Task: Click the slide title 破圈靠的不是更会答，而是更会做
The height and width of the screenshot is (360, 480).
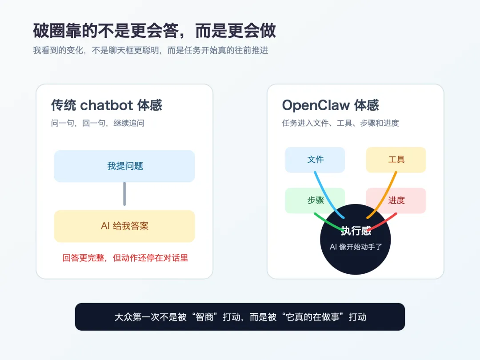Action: coord(154,31)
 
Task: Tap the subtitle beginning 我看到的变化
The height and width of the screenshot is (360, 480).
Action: coord(151,50)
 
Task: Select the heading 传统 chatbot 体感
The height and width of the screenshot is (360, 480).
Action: coord(106,105)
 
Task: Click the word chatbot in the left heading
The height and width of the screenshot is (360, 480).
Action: coord(106,105)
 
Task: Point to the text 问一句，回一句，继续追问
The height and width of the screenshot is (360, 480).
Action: coord(98,123)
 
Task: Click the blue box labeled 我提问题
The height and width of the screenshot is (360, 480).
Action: coord(124,166)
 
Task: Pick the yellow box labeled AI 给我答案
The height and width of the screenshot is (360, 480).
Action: coord(124,226)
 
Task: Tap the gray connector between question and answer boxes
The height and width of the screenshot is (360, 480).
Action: coord(124,194)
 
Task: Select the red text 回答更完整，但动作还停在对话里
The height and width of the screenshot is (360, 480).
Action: coord(125,258)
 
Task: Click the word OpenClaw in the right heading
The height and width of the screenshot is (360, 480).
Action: coord(316,105)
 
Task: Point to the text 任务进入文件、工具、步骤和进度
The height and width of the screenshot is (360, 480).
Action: coord(340,123)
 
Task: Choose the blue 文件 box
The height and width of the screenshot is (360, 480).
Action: coord(315,160)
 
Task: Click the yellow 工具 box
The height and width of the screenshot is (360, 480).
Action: coord(396,160)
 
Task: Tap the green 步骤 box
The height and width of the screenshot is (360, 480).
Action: coord(315,200)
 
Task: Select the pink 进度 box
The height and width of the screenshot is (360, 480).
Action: coord(396,200)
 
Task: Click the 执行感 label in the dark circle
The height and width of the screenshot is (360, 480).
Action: coord(356,231)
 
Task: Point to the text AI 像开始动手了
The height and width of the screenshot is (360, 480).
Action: coord(356,247)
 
